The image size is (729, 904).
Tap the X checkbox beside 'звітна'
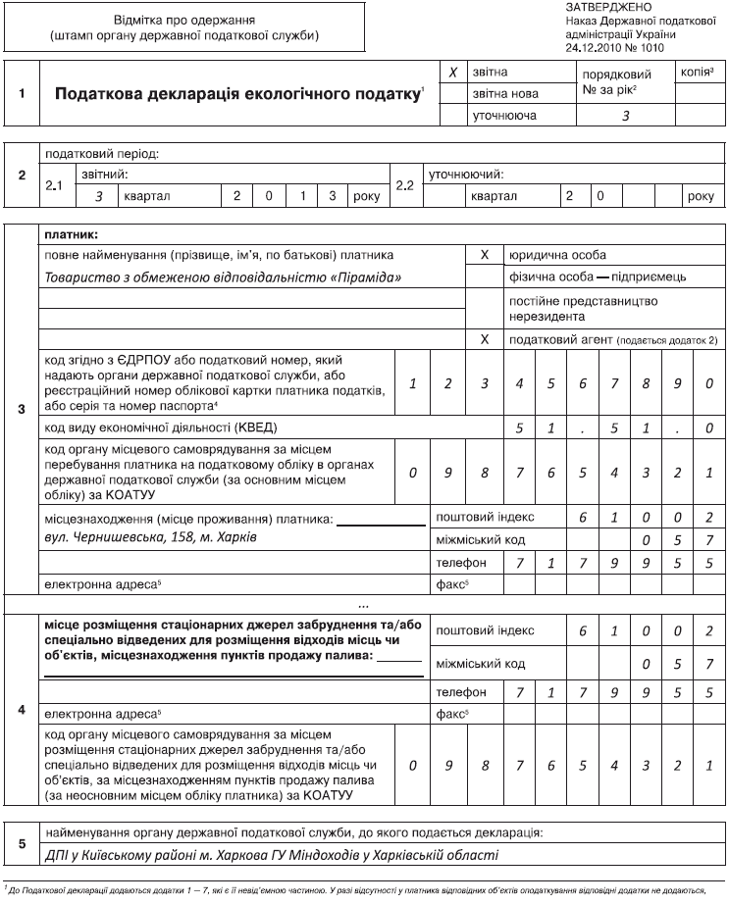pyautogui.click(x=452, y=73)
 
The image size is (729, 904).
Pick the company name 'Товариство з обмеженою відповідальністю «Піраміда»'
pyautogui.click(x=225, y=276)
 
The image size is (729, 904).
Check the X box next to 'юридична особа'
pyautogui.click(x=484, y=254)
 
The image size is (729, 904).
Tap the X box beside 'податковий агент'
pyautogui.click(x=484, y=339)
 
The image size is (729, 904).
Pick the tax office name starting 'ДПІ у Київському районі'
pyautogui.click(x=272, y=855)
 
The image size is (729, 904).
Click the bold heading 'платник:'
pyautogui.click(x=72, y=234)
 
